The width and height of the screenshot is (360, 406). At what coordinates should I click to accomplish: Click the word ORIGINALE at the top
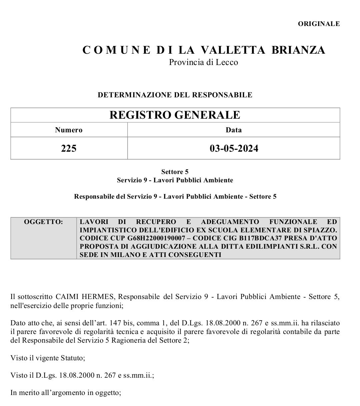(x=319, y=24)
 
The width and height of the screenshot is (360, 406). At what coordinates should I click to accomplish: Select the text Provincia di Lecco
(x=203, y=62)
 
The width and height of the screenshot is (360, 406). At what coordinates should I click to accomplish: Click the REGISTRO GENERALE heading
(x=175, y=115)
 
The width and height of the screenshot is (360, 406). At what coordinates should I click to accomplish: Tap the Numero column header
(x=69, y=130)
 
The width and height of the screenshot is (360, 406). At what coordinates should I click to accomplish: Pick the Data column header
(x=234, y=130)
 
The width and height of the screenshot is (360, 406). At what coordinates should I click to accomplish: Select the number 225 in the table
(x=69, y=148)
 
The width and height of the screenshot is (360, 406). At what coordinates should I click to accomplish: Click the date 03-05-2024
(x=234, y=148)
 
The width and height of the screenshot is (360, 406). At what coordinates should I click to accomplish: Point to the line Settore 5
(x=175, y=172)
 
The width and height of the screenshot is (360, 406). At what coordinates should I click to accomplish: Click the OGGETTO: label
(x=43, y=222)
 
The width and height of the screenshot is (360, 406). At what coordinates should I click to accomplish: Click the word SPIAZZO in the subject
(x=322, y=230)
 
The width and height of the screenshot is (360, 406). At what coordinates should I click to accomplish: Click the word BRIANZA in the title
(x=298, y=50)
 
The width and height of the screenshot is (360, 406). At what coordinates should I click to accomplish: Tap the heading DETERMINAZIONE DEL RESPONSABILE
(x=175, y=95)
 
